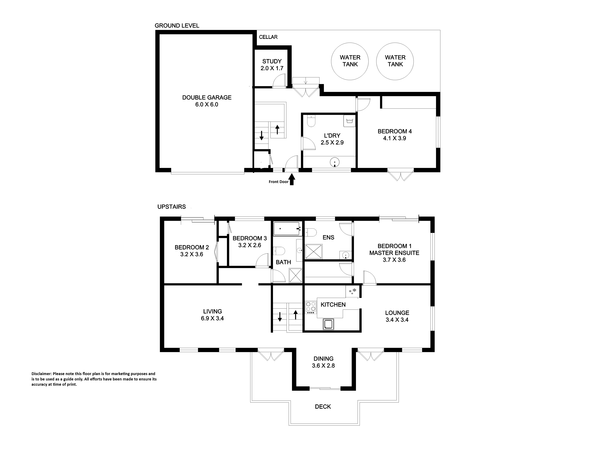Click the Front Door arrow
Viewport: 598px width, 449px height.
(292, 179)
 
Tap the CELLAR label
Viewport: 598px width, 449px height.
(268, 37)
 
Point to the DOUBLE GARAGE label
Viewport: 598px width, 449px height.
(207, 97)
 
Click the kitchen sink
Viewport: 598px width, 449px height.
(328, 324)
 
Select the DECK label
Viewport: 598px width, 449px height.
(323, 406)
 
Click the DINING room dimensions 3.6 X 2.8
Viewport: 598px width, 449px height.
(323, 366)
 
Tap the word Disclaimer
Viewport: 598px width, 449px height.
(41, 374)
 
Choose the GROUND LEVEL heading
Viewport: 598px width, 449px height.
(177, 26)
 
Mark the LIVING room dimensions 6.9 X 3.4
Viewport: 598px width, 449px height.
(212, 318)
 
